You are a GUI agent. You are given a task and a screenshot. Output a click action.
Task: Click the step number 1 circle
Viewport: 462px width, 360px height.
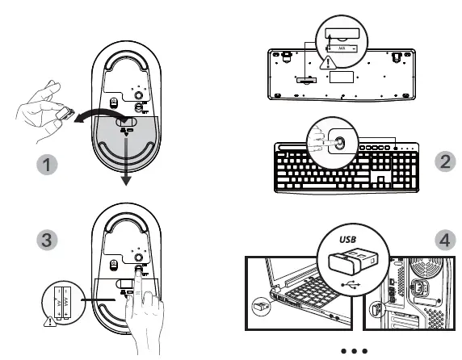point(49,165)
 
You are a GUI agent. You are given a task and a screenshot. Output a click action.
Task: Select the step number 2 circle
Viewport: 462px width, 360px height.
point(445,161)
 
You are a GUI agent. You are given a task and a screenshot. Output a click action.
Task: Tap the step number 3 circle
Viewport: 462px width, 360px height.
point(49,240)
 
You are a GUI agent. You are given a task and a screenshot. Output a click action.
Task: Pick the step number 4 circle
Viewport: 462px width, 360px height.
point(445,240)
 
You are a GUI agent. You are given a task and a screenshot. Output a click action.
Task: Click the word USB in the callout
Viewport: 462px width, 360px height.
point(347,240)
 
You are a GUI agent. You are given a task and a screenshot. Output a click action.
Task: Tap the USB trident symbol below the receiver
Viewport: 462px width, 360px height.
point(350,284)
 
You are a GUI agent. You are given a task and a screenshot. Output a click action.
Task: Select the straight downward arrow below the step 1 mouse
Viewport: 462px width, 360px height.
point(125,161)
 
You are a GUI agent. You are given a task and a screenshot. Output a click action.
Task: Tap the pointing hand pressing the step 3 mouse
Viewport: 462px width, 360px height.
point(148,307)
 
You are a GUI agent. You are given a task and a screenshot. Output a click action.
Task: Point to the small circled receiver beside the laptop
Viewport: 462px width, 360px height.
point(260,308)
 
